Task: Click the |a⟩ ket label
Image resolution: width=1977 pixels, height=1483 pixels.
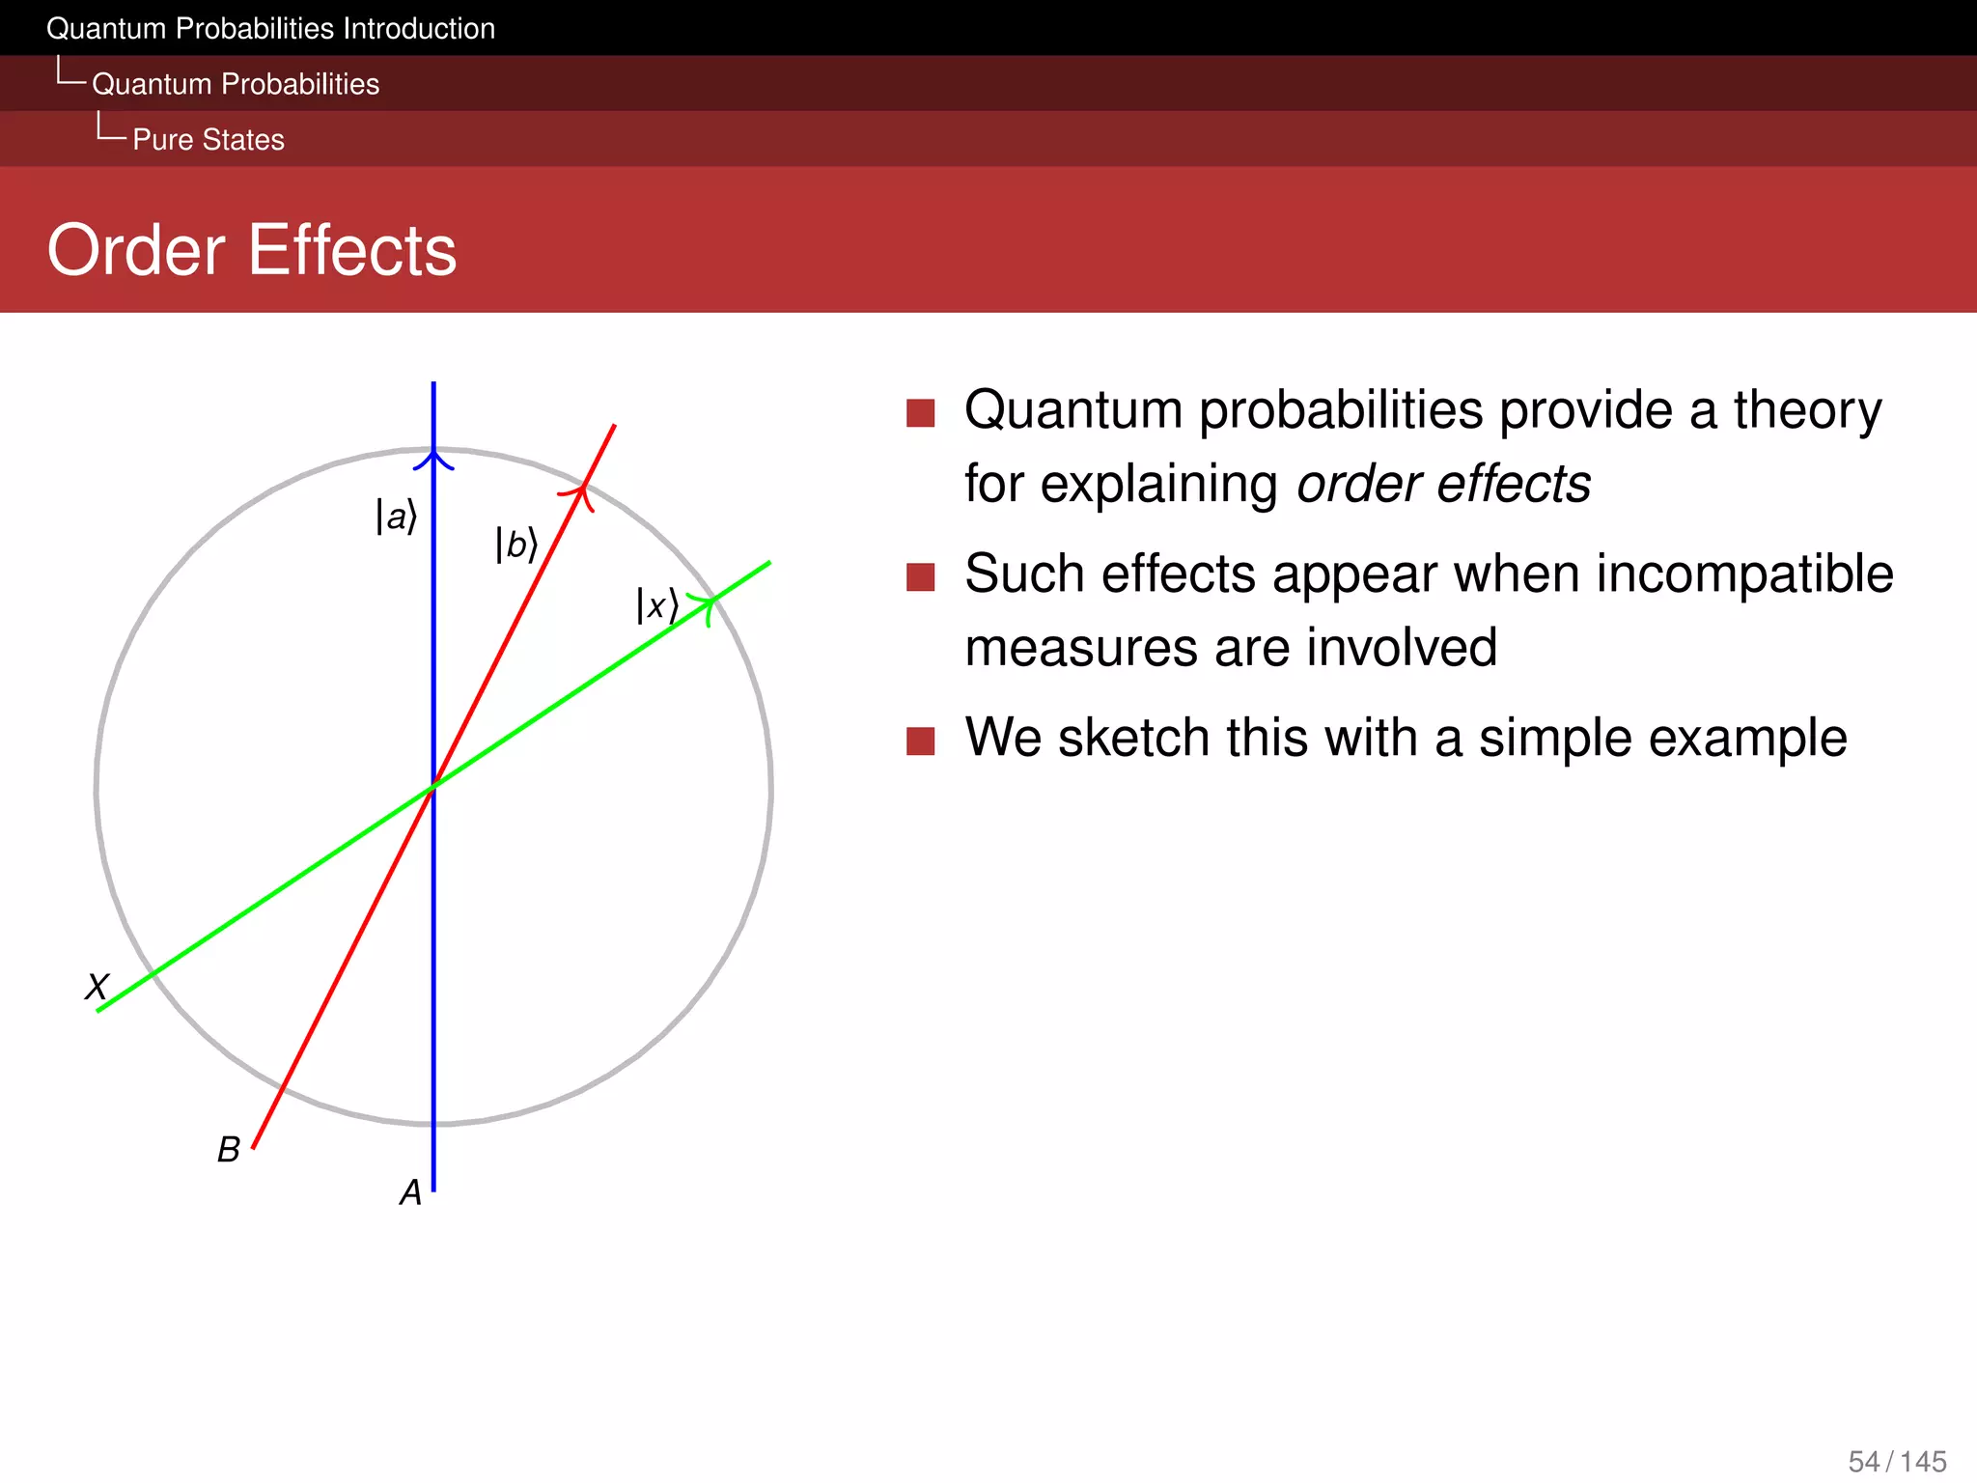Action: click(396, 517)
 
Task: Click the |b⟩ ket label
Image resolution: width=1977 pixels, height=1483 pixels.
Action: click(515, 545)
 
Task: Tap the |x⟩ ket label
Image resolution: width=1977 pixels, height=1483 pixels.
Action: click(656, 606)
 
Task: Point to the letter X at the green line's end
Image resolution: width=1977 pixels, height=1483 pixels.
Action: click(97, 987)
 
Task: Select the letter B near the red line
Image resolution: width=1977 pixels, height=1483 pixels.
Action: click(228, 1150)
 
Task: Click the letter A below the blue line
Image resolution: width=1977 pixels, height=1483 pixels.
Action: click(410, 1193)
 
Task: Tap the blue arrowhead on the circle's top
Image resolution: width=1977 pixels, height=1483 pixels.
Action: click(433, 459)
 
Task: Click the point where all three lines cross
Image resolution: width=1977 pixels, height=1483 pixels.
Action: click(433, 786)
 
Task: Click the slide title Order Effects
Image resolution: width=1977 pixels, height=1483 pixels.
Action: click(251, 250)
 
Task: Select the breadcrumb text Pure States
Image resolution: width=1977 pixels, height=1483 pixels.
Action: click(208, 140)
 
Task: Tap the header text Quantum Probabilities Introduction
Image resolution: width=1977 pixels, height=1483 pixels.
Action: click(270, 29)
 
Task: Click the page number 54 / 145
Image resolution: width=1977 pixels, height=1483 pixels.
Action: click(1897, 1461)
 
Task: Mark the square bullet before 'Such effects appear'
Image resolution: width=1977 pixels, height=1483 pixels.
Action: click(921, 577)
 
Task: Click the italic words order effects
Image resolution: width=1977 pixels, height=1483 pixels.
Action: click(1443, 484)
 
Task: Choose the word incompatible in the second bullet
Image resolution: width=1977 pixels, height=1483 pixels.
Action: click(1744, 574)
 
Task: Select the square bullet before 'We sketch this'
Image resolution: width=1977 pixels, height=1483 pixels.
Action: click(921, 741)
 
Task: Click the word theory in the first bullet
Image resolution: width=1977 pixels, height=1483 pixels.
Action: click(1807, 410)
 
